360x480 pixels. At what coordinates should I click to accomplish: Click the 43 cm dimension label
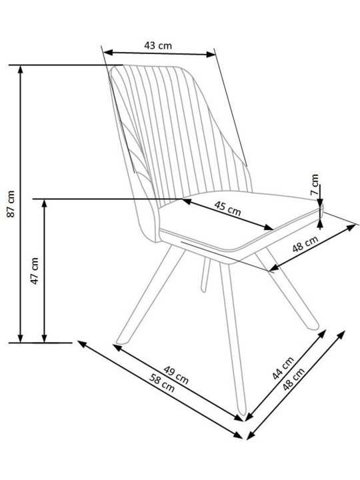(158, 45)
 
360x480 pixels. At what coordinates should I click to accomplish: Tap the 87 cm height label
(11, 203)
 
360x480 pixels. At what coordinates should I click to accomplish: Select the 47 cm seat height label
(35, 271)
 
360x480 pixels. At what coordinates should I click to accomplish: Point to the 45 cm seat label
(227, 208)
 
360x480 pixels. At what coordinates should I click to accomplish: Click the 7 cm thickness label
(315, 185)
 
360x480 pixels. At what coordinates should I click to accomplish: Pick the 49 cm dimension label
(176, 375)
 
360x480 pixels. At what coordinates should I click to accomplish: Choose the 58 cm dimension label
(162, 383)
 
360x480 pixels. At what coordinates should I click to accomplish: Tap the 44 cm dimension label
(283, 367)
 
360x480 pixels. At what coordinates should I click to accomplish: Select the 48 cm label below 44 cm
(293, 379)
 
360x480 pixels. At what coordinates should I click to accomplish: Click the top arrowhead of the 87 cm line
(21, 69)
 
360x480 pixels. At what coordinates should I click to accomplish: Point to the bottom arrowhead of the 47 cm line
(45, 338)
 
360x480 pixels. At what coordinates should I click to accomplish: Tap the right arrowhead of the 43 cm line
(211, 55)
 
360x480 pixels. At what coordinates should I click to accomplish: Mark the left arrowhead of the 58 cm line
(82, 344)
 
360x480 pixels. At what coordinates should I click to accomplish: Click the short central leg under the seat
(206, 275)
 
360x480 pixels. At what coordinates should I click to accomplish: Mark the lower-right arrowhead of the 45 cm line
(268, 227)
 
